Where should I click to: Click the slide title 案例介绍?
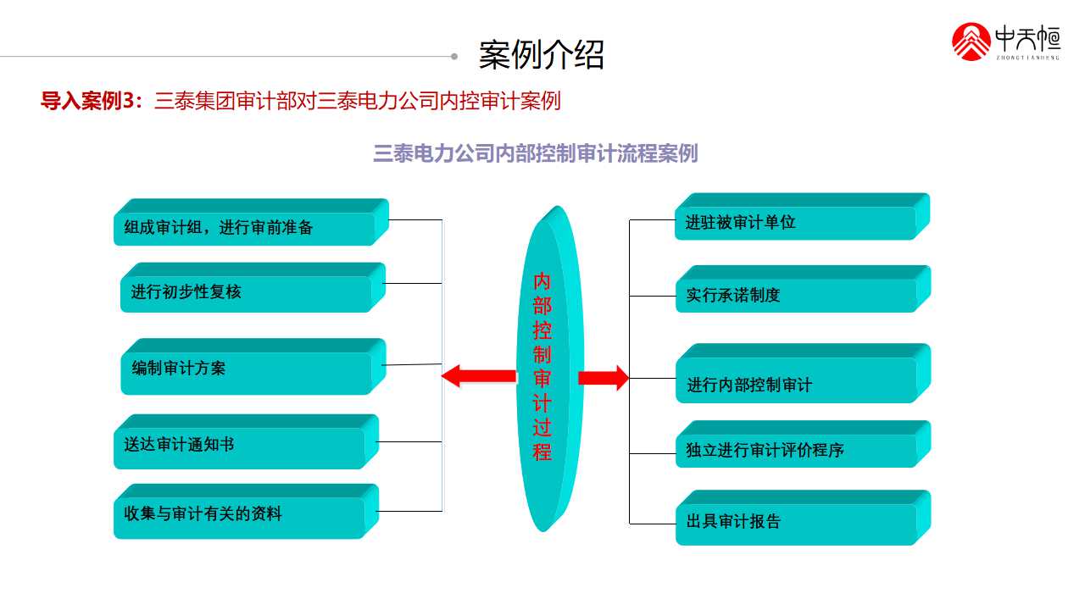[x=542, y=54]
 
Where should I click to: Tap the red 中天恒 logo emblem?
[x=971, y=42]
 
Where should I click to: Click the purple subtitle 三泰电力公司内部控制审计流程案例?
[x=535, y=153]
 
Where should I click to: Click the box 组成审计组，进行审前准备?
[x=246, y=227]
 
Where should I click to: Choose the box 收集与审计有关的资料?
[x=242, y=514]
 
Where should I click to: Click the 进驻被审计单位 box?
[x=797, y=222]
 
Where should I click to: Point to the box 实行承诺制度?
[x=797, y=295]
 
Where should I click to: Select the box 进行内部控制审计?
[x=797, y=385]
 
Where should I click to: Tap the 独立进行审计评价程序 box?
[x=797, y=450]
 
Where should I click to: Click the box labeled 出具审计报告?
[x=797, y=521]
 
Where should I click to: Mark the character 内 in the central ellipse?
[x=542, y=281]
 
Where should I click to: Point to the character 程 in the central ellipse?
[x=542, y=452]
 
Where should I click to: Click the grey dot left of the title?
[x=454, y=57]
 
